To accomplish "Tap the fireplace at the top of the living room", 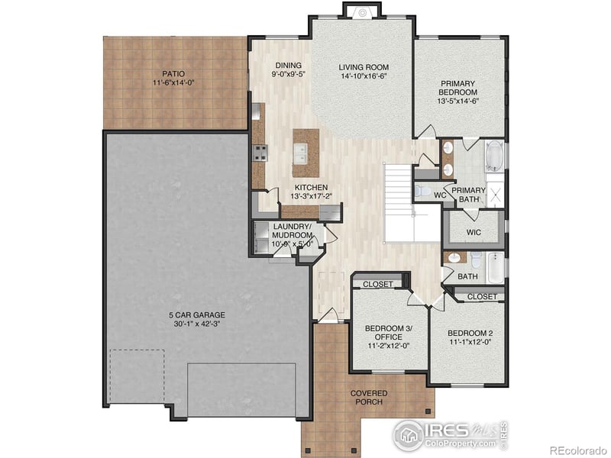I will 362,10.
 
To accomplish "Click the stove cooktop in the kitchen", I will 260,152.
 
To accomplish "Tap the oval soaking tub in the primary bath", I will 495,156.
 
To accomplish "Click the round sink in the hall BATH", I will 453,257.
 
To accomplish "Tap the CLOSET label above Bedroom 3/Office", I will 377,285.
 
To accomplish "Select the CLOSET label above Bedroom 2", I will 481,296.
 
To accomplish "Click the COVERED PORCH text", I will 370,398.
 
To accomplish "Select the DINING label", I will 287,66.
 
